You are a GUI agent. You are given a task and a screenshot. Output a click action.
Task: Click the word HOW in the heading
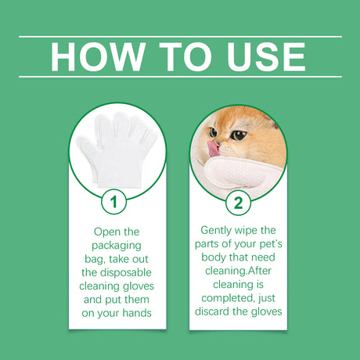(x=95, y=56)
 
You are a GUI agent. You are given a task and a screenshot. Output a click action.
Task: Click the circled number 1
(x=114, y=203)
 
